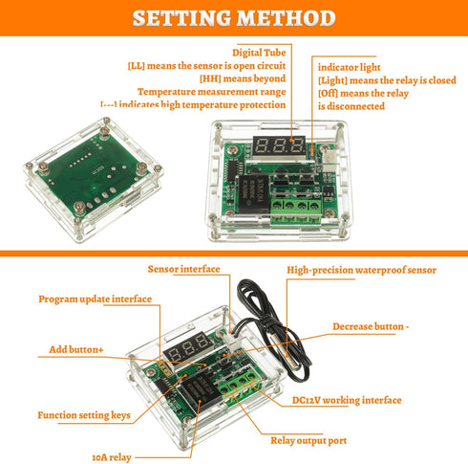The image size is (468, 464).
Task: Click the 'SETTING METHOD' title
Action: (x=234, y=18)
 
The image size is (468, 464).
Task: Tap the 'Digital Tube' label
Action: (x=260, y=52)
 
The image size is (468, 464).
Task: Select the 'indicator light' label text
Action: (x=350, y=67)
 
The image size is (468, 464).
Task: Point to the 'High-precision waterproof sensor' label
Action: (x=361, y=271)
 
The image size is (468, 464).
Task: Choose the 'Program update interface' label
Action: (x=95, y=298)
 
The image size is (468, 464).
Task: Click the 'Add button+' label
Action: (x=76, y=349)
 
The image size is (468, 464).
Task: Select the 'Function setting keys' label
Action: (x=86, y=415)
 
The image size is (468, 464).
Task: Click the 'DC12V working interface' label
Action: (x=346, y=400)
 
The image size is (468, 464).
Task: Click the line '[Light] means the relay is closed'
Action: (x=387, y=80)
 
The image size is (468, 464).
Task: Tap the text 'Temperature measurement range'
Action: (x=232, y=92)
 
